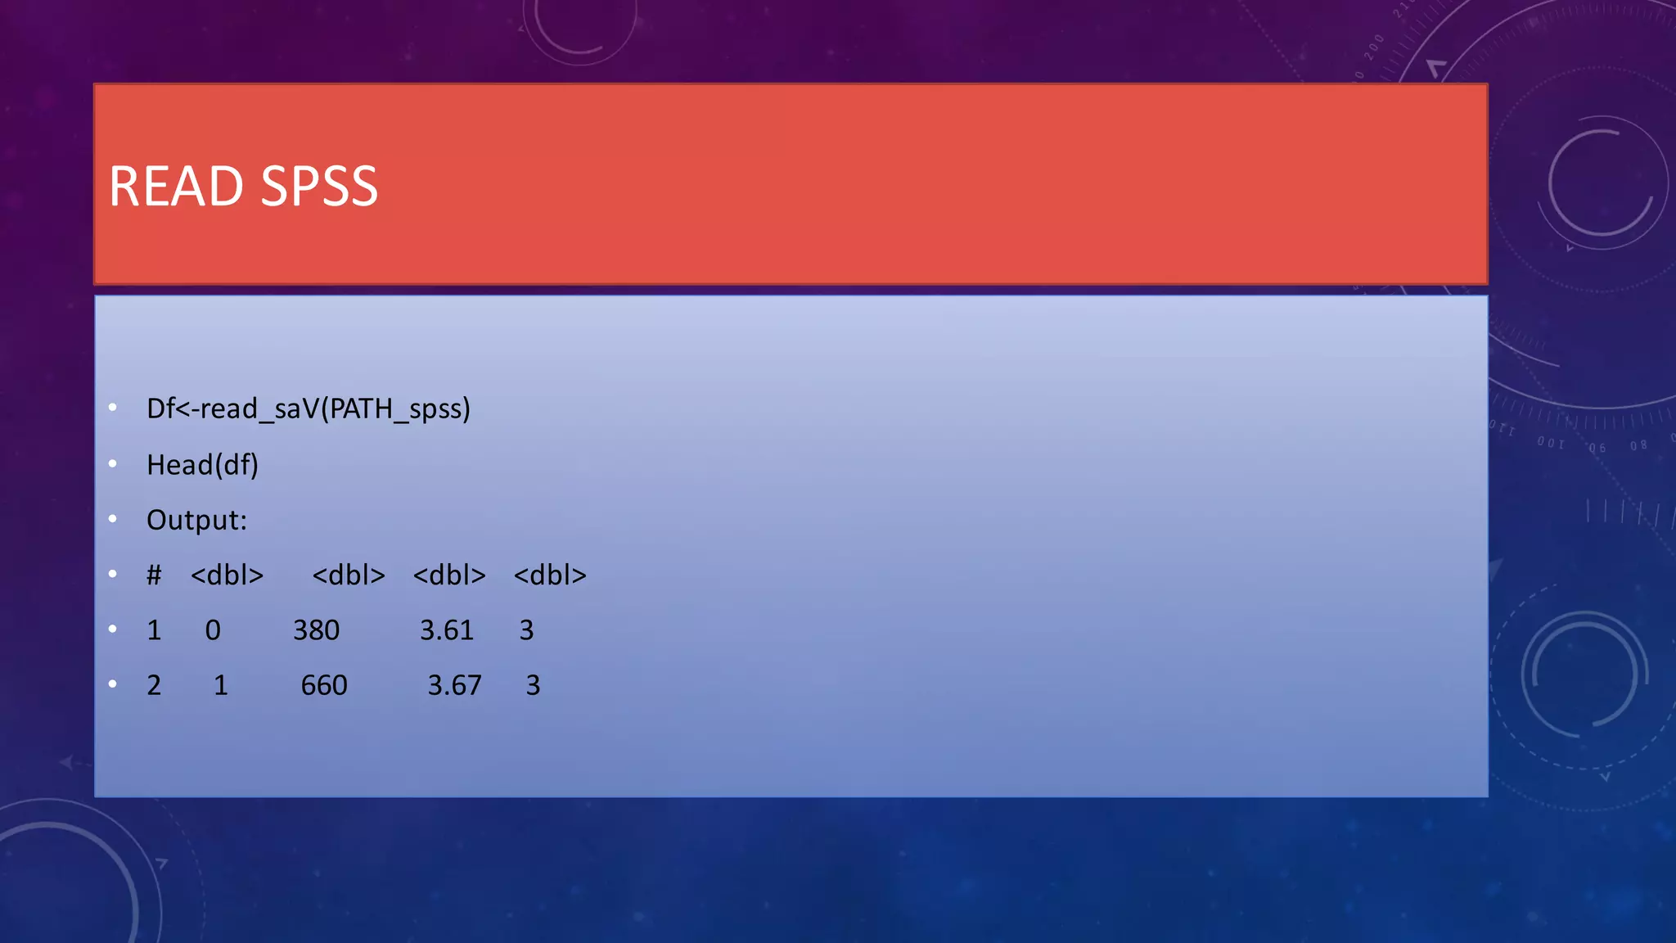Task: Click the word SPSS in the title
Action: click(x=319, y=187)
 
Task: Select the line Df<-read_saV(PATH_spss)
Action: click(x=308, y=408)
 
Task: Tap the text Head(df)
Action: click(x=202, y=465)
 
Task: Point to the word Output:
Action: click(x=196, y=520)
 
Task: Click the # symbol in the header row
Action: click(x=154, y=575)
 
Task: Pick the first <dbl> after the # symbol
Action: click(x=227, y=575)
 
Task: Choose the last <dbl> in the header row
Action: click(x=550, y=575)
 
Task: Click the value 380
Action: click(x=316, y=630)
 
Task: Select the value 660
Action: click(x=324, y=685)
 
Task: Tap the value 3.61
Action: click(x=447, y=630)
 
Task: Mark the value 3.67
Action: click(x=455, y=685)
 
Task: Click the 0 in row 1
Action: click(x=213, y=630)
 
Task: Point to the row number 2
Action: click(x=154, y=685)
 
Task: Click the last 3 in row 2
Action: click(x=533, y=685)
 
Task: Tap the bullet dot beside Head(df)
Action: click(x=113, y=463)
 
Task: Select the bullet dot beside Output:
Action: click(x=113, y=518)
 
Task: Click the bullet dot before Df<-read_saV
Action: click(x=113, y=407)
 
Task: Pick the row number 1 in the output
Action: click(x=154, y=630)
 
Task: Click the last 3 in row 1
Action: click(x=526, y=630)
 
